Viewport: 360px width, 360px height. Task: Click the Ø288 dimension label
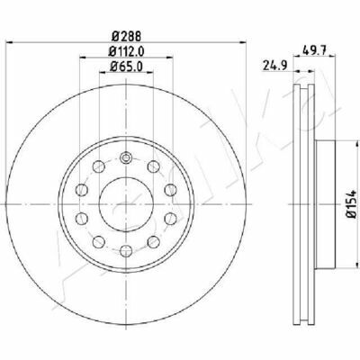[x=126, y=37]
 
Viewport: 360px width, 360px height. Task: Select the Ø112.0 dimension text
[x=126, y=52]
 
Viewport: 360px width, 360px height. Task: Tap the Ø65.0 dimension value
[x=126, y=67]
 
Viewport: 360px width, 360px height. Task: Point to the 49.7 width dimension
[x=314, y=49]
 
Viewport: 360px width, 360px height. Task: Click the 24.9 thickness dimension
[x=275, y=65]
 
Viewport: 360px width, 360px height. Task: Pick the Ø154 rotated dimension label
[x=352, y=203]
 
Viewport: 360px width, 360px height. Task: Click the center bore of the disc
[x=126, y=203]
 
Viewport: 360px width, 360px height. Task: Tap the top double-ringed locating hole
[x=126, y=157]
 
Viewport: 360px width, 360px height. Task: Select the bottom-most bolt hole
[x=126, y=250]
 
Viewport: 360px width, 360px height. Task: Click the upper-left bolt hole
[x=98, y=166]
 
